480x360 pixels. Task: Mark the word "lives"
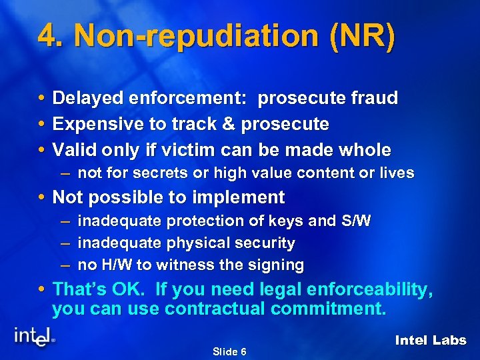point(396,173)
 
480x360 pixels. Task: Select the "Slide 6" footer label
point(229,351)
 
